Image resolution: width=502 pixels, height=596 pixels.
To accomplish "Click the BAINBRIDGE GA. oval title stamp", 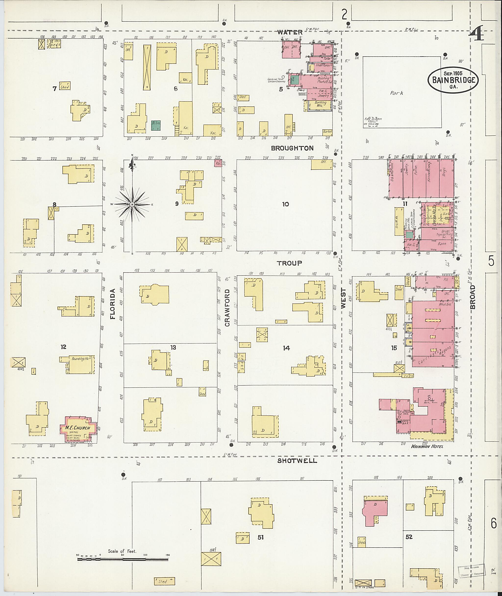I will coord(453,79).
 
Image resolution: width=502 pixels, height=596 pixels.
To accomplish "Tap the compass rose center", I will coord(132,205).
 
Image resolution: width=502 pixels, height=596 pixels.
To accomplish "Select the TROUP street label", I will coord(290,263).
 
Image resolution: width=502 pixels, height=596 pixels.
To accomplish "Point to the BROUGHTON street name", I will coord(292,148).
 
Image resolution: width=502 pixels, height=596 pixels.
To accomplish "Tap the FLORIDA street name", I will coord(113,304).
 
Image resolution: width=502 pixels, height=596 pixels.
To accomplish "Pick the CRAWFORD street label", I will coord(227,308).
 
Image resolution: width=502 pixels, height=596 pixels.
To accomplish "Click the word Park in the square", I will coord(397,93).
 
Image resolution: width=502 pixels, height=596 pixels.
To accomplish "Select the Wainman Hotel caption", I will coord(427,446).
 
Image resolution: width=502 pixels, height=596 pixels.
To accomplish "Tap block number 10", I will coord(285,204).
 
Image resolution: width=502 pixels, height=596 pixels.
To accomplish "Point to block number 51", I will coord(260,537).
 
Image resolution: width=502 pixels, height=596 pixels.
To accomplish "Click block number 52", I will coord(409,537).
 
